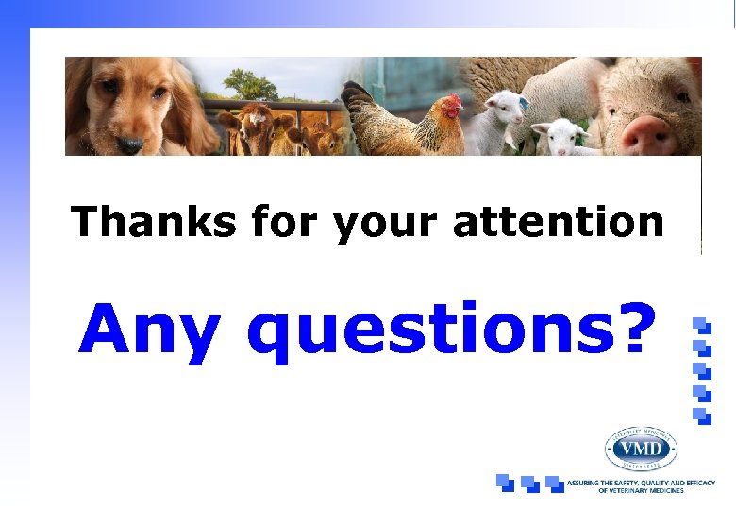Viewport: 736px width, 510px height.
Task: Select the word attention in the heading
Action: (559, 223)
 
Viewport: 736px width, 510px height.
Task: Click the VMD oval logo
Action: (641, 448)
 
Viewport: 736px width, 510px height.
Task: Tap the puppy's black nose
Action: (129, 144)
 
